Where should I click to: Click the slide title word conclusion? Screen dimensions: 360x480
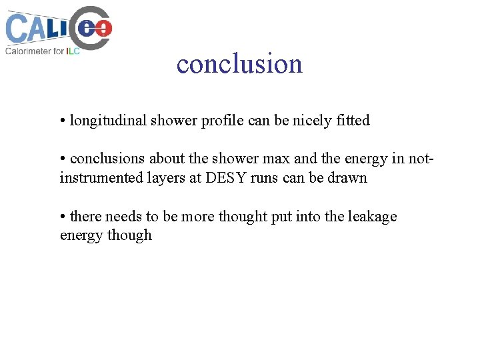click(239, 64)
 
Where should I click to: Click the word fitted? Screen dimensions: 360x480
click(353, 121)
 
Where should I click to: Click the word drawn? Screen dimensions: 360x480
click(348, 178)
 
